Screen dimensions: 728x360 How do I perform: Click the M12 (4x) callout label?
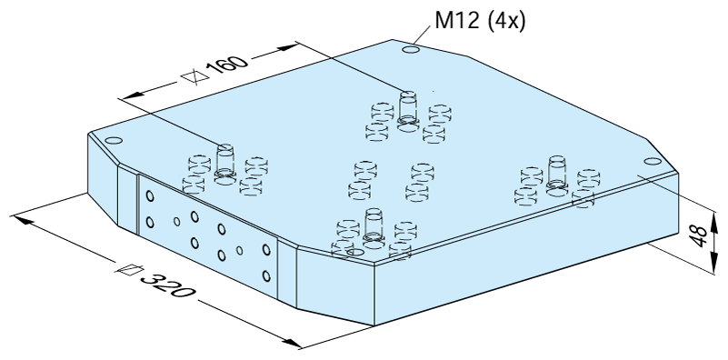480,21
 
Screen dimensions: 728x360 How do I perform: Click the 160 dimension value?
226,67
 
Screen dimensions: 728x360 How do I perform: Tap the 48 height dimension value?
700,236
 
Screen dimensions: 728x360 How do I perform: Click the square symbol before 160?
195,76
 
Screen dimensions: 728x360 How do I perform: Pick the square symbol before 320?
130,269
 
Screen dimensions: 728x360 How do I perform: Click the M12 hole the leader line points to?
411,50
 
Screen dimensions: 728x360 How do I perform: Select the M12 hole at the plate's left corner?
114,141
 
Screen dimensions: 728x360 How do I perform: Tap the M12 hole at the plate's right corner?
653,161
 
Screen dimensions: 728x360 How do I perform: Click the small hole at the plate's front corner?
355,252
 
